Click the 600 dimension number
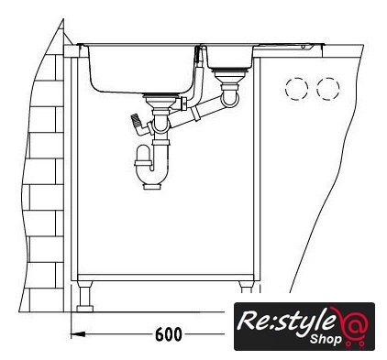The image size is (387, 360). click(169, 334)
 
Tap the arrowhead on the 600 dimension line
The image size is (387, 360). click(78, 334)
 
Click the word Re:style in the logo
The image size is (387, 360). click(285, 320)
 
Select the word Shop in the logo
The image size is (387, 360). click(326, 339)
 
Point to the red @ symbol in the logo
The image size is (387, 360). click(355, 327)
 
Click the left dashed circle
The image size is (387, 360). click(296, 89)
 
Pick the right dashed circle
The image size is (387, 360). click(328, 89)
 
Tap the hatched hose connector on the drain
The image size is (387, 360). click(137, 121)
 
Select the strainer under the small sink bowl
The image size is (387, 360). click(228, 76)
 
